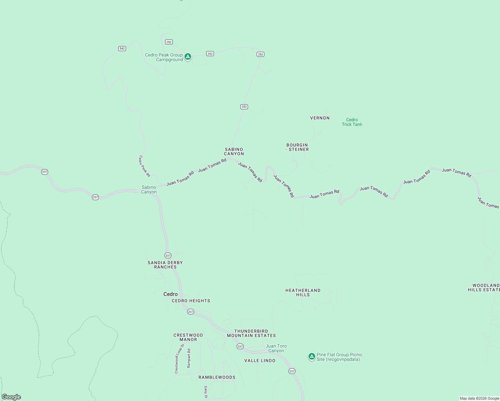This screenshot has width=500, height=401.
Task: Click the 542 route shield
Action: (122, 48)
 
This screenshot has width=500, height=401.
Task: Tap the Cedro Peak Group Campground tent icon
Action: (188, 57)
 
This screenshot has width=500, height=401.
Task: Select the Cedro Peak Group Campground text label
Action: (164, 57)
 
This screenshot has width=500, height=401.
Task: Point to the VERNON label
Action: (320, 118)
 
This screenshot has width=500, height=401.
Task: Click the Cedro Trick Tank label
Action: (352, 122)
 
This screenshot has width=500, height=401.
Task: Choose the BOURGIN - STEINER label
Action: (297, 147)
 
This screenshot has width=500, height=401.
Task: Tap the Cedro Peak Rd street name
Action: (145, 166)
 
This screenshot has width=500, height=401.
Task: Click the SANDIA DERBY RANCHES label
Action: (165, 265)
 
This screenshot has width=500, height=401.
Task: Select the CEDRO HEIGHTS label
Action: (191, 301)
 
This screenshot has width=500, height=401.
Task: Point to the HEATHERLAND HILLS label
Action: (303, 293)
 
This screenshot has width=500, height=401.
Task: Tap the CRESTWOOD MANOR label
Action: (188, 338)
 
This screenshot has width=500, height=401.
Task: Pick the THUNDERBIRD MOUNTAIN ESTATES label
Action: (251, 333)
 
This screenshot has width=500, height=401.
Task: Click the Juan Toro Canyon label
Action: (276, 349)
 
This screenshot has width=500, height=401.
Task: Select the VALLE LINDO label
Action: (260, 361)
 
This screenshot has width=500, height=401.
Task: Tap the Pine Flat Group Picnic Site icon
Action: (311, 357)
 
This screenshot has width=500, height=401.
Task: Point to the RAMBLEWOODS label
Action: (217, 377)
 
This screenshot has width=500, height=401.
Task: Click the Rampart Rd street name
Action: (189, 359)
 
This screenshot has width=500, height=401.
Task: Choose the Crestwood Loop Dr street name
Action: (179, 359)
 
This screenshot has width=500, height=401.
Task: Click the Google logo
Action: (11, 397)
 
